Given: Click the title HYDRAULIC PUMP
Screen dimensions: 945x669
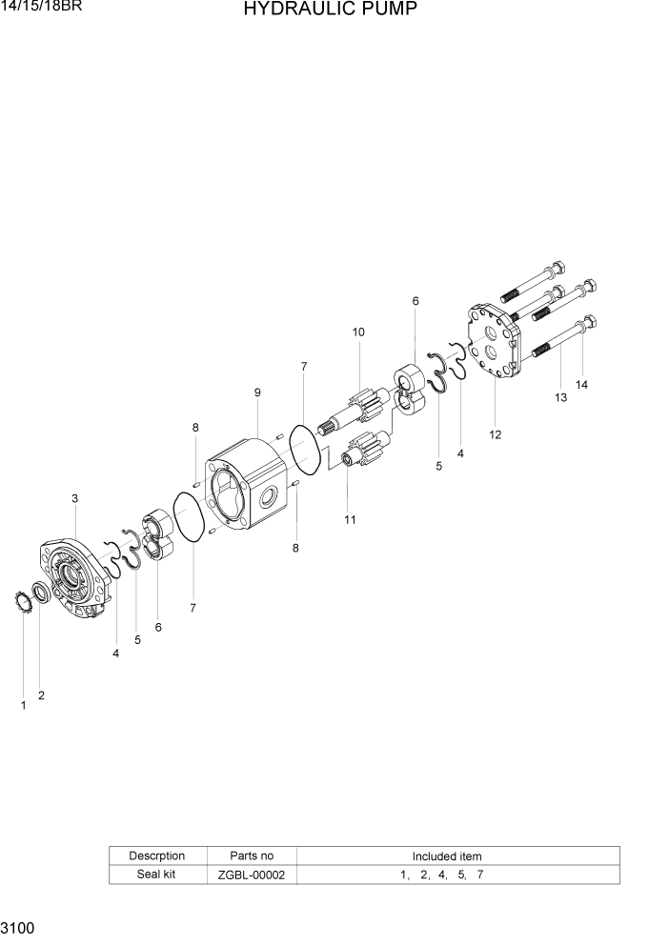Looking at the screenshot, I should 330,10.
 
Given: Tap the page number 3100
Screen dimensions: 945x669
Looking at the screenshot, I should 18,927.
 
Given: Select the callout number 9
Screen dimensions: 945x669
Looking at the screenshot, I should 257,392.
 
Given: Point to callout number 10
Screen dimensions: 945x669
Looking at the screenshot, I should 358,332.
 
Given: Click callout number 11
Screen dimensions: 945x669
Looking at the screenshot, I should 350,519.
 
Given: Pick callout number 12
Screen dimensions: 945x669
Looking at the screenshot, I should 495,434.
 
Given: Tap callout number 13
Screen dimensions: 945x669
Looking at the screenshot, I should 560,397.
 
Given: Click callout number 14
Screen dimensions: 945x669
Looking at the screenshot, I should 581,385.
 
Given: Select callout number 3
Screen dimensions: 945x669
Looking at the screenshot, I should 74,498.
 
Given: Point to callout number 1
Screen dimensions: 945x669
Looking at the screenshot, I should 23,705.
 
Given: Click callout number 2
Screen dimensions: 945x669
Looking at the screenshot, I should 41,695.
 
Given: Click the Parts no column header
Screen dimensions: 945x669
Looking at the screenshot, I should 252,855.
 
